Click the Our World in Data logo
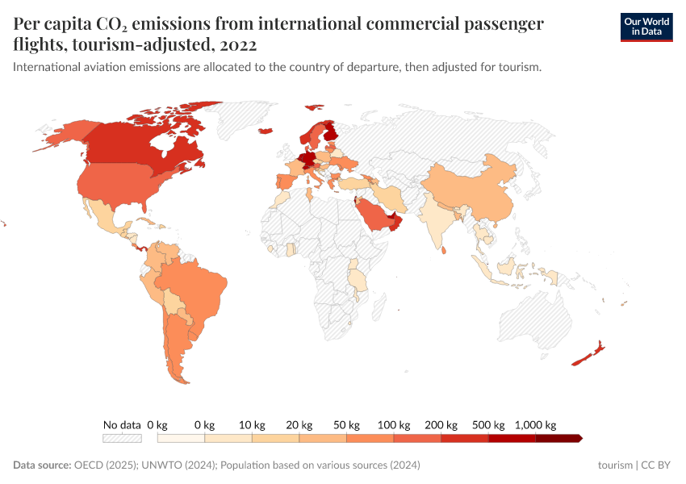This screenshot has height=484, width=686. click(x=646, y=27)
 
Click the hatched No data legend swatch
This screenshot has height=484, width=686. click(x=122, y=438)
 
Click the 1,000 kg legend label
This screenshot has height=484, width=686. click(x=536, y=424)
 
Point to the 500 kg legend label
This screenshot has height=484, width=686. click(x=488, y=424)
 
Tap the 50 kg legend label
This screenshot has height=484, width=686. click(x=346, y=424)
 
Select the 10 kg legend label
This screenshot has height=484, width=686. click(x=252, y=424)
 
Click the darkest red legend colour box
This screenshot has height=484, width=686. click(x=558, y=438)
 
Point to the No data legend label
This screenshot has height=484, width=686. click(x=122, y=424)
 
